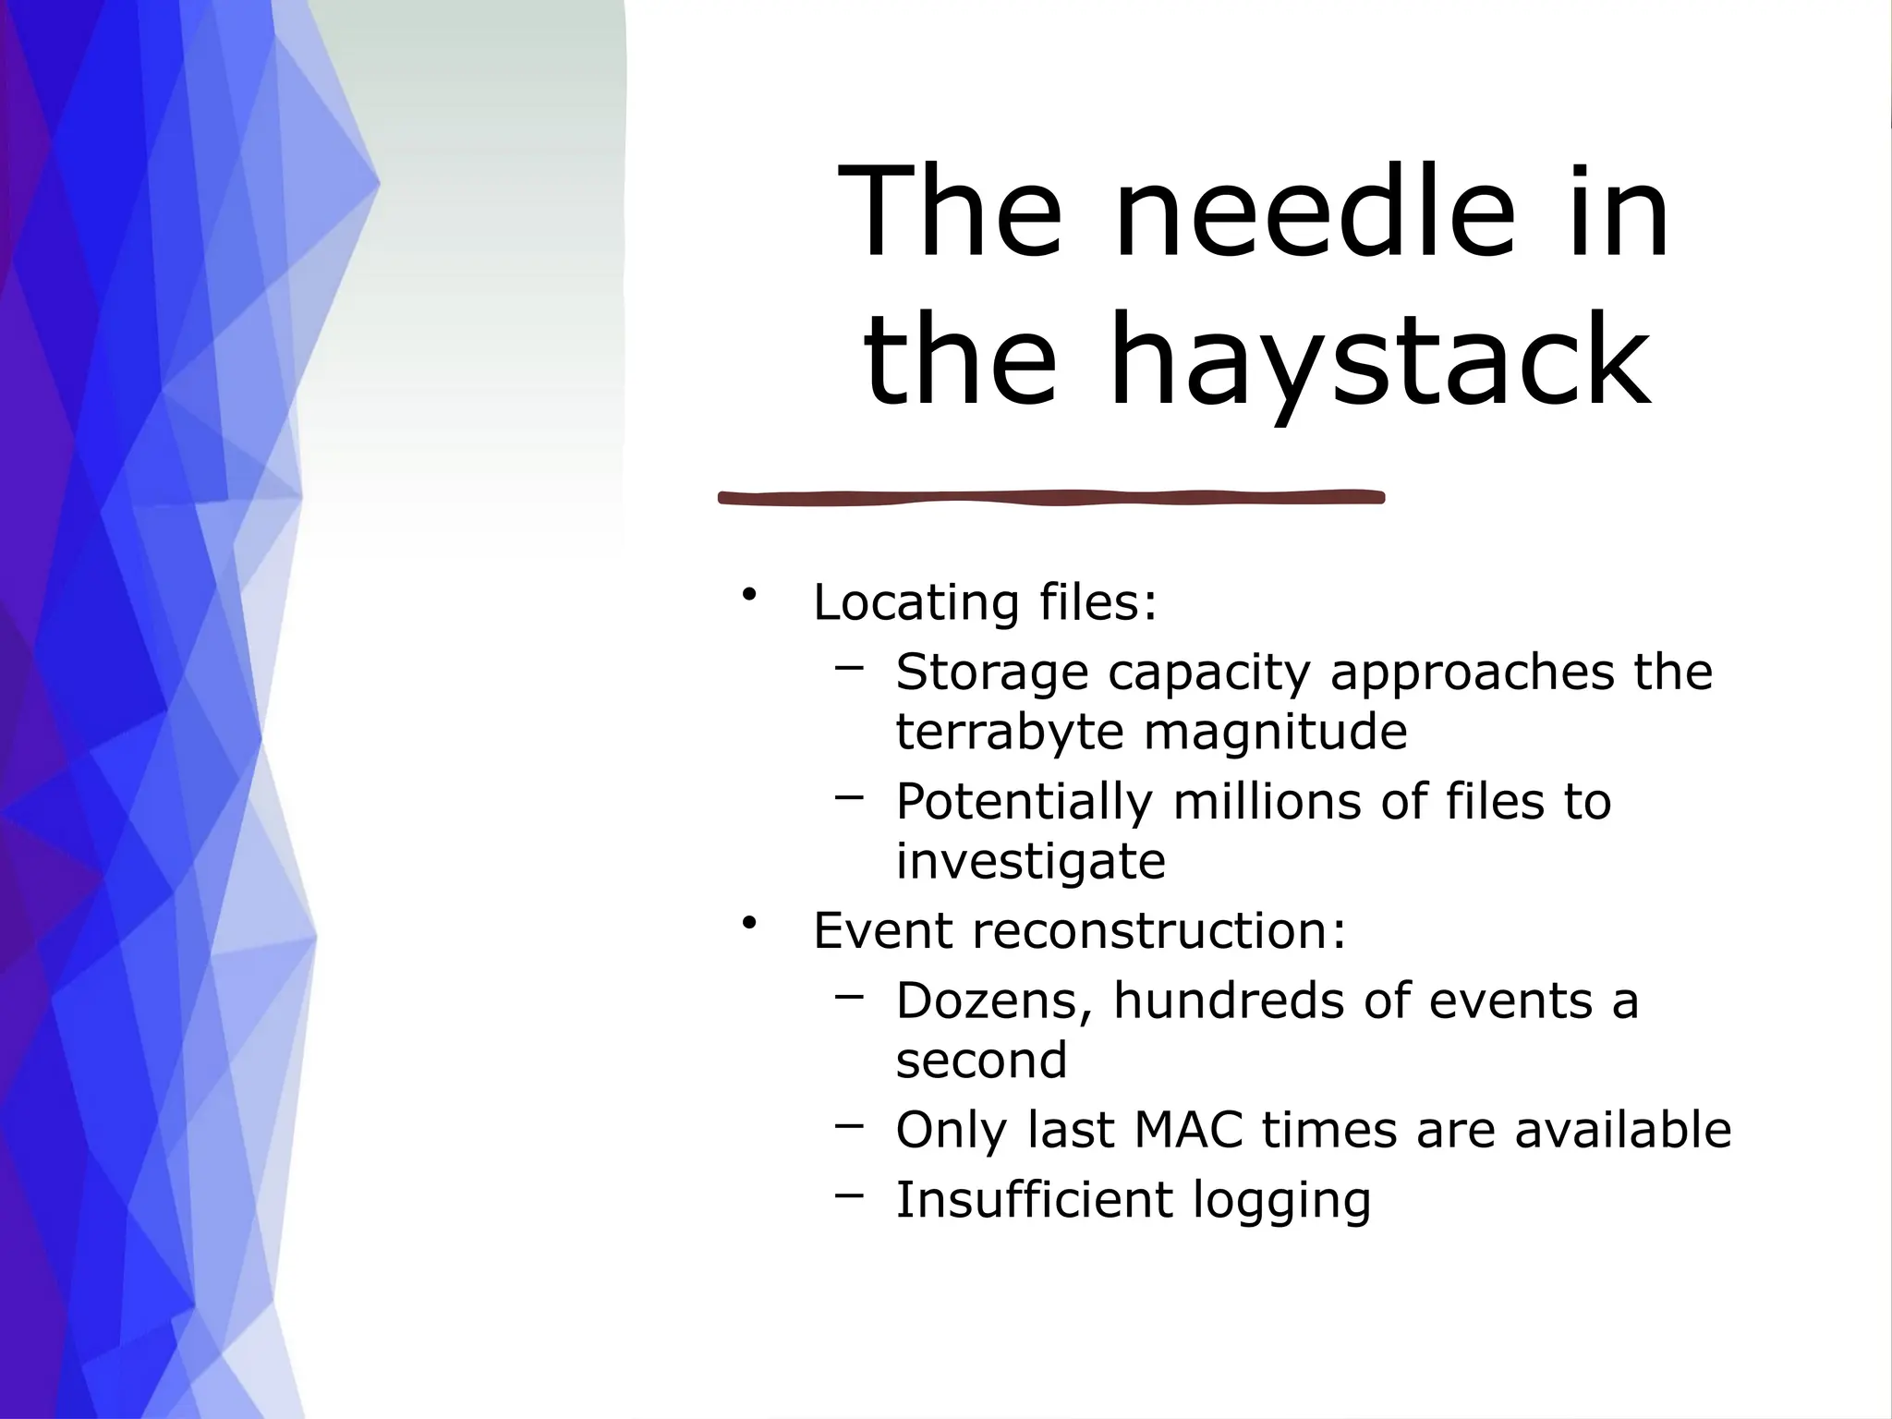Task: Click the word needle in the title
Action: (1316, 214)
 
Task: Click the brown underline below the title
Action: (1051, 498)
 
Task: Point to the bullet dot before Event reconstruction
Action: (748, 922)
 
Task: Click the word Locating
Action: (916, 602)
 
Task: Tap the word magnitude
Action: (1276, 732)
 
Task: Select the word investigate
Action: (1030, 862)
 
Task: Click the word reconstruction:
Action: (1159, 930)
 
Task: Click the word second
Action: (981, 1061)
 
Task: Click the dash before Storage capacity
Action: (849, 666)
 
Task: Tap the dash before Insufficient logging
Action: (849, 1195)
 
